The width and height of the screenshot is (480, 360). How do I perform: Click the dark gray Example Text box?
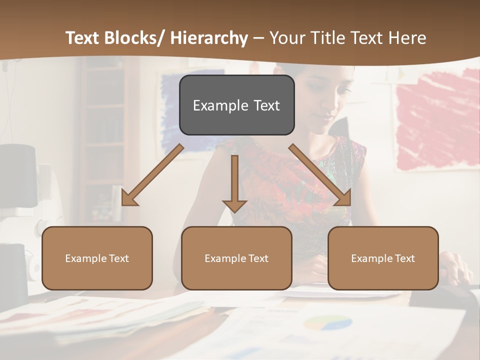[236, 105]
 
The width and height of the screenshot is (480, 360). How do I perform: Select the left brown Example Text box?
[97, 258]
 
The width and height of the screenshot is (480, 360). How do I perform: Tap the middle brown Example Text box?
[236, 258]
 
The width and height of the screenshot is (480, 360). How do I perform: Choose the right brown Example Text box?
[383, 258]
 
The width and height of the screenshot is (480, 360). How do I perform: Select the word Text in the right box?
[405, 258]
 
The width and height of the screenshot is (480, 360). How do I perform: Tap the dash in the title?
[258, 38]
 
